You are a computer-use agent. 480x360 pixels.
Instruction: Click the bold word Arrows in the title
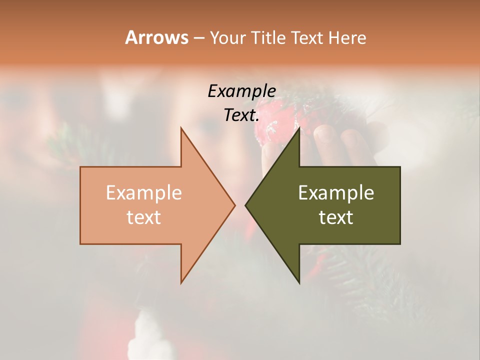pos(156,37)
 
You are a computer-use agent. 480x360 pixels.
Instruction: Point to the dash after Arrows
pos(198,38)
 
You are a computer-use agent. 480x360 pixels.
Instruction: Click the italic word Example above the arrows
pos(241,91)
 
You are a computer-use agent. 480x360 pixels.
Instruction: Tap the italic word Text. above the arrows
pos(241,115)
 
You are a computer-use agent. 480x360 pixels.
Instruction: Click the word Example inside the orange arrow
pos(144,193)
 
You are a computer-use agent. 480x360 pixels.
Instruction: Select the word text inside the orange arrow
pos(144,217)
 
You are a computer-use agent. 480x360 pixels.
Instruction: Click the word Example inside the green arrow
pos(336,193)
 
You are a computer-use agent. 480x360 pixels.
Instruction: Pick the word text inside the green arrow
pos(336,217)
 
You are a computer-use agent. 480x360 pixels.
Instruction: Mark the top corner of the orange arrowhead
pos(181,128)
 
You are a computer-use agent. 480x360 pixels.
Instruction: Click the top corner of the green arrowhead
pos(299,128)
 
